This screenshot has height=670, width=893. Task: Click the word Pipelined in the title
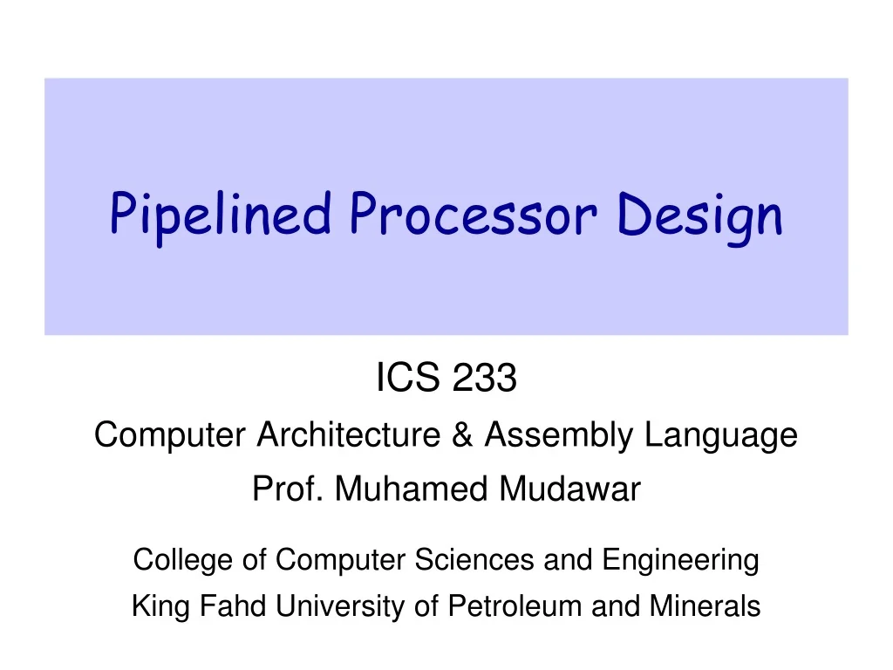pos(220,215)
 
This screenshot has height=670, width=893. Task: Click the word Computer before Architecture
pos(171,434)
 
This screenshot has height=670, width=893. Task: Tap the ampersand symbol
pos(464,434)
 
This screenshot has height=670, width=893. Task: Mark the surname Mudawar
pos(569,490)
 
